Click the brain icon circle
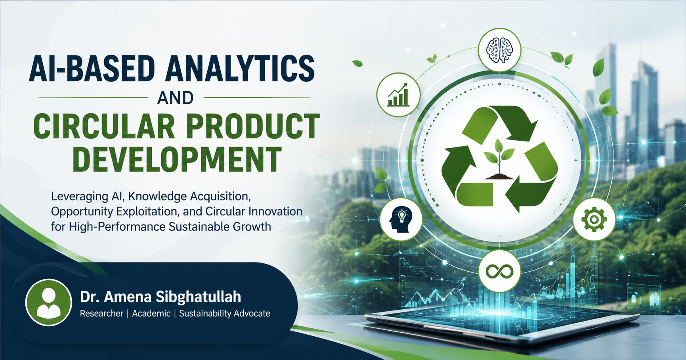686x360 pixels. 499,50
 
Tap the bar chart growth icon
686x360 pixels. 398,95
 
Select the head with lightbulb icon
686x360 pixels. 401,219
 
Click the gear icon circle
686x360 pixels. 594,219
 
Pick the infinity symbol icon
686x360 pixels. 499,271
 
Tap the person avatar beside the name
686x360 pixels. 49,303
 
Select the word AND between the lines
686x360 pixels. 176,98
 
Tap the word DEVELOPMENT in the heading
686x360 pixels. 177,159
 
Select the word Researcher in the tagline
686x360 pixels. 101,313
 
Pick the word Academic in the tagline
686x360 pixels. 151,313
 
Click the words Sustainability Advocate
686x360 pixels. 225,314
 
